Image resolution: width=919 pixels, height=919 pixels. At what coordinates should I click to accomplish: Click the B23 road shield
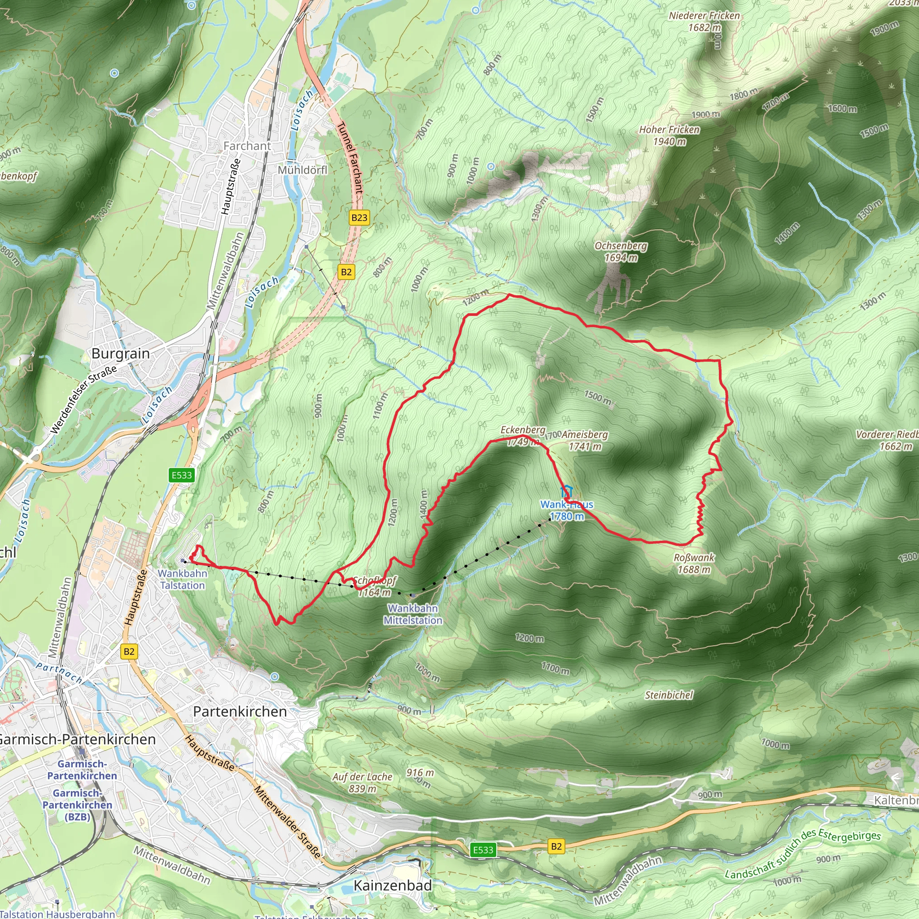pyautogui.click(x=359, y=218)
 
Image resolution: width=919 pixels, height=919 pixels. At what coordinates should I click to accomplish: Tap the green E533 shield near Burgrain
pyautogui.click(x=182, y=475)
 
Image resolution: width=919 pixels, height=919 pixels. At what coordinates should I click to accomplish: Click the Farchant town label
pyautogui.click(x=247, y=146)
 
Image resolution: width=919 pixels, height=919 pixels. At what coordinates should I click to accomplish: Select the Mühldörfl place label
pyautogui.click(x=302, y=170)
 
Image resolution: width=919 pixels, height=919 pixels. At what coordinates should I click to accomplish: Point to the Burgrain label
pyautogui.click(x=120, y=354)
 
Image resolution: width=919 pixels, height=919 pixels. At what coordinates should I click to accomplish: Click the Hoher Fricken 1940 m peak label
pyautogui.click(x=669, y=136)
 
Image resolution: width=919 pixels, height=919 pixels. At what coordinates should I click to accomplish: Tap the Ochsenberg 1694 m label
pyautogui.click(x=621, y=252)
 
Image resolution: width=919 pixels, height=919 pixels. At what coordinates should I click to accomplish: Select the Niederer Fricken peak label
pyautogui.click(x=704, y=22)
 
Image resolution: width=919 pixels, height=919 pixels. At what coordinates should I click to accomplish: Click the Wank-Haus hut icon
pyautogui.click(x=566, y=491)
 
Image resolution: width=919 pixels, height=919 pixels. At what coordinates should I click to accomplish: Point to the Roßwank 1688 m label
pyautogui.click(x=694, y=563)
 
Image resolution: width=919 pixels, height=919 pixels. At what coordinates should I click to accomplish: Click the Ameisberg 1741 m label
pyautogui.click(x=585, y=441)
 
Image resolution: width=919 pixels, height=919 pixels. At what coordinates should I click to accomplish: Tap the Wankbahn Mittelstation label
pyautogui.click(x=413, y=614)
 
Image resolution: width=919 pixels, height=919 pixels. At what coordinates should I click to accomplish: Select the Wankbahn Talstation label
pyautogui.click(x=183, y=579)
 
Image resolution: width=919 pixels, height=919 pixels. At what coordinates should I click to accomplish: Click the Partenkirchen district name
pyautogui.click(x=240, y=712)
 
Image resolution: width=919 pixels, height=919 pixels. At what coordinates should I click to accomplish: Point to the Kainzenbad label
pyautogui.click(x=393, y=885)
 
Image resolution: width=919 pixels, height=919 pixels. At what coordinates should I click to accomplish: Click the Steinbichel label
pyautogui.click(x=669, y=696)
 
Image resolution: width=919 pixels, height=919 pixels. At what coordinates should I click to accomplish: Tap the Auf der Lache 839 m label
pyautogui.click(x=363, y=783)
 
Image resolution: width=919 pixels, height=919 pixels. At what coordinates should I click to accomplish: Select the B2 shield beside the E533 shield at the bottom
pyautogui.click(x=556, y=846)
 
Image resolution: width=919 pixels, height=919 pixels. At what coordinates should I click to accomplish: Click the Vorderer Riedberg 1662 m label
pyautogui.click(x=887, y=441)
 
